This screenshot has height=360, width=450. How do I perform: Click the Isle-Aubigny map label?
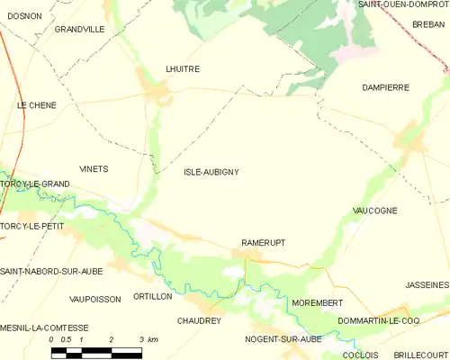click(x=211, y=171)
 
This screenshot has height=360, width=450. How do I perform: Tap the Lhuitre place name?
click(x=183, y=68)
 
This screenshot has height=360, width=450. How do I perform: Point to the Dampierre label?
click(x=384, y=87)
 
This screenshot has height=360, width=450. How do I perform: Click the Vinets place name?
click(x=94, y=168)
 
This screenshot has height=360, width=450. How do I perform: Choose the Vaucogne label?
click(x=376, y=210)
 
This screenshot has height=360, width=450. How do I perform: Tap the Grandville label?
click(x=79, y=29)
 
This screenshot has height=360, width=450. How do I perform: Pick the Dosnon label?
click(x=22, y=15)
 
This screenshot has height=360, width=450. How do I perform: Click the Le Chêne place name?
click(x=37, y=105)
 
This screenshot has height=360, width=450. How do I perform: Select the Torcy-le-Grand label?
click(x=36, y=184)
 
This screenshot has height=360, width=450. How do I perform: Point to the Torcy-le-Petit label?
click(x=33, y=225)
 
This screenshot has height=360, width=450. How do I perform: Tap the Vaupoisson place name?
click(x=94, y=299)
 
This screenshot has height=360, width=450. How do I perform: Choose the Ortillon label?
click(x=152, y=296)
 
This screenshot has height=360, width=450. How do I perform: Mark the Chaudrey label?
click(x=199, y=320)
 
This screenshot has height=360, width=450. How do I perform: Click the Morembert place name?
click(x=316, y=302)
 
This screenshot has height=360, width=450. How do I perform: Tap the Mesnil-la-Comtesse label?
click(x=45, y=328)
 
